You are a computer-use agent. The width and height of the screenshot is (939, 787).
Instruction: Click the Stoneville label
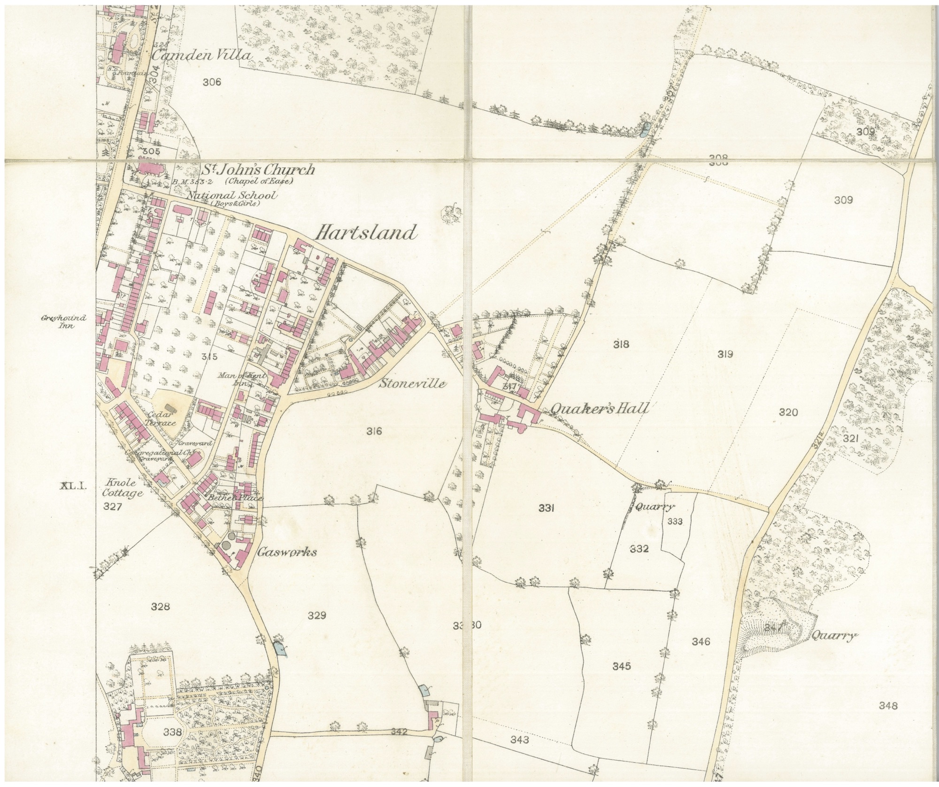point(412,384)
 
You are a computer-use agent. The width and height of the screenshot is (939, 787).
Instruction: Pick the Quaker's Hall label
point(599,409)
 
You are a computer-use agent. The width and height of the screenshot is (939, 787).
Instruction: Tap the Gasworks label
point(286,552)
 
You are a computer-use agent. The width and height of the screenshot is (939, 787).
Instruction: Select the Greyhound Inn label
point(64,321)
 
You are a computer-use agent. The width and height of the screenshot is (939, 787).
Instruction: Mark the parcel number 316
point(374,431)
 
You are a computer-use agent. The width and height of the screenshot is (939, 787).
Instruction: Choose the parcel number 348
point(888,705)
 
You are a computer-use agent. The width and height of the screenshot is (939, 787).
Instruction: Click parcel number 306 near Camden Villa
point(212,83)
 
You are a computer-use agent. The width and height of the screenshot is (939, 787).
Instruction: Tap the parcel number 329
point(317,616)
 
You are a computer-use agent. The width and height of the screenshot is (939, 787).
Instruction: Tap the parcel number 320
point(788,413)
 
